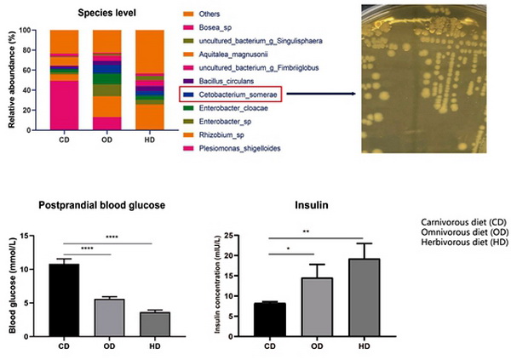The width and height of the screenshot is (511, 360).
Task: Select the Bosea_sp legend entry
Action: coord(219,27)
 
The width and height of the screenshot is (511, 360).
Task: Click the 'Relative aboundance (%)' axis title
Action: coord(9,78)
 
